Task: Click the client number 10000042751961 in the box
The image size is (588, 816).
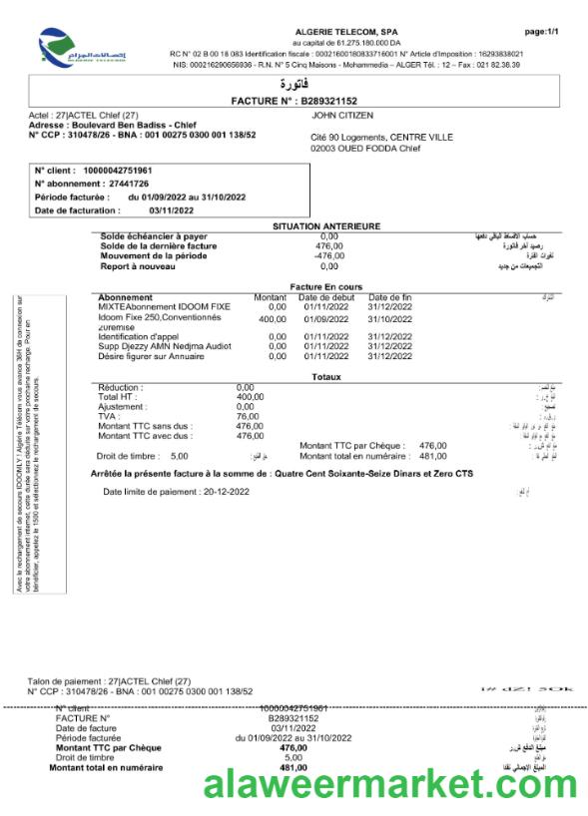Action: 139,171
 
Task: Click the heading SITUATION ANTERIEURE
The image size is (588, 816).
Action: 326,226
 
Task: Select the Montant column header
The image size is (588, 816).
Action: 270,297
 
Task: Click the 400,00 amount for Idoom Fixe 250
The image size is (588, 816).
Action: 272,318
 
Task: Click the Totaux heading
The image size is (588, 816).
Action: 325,377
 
